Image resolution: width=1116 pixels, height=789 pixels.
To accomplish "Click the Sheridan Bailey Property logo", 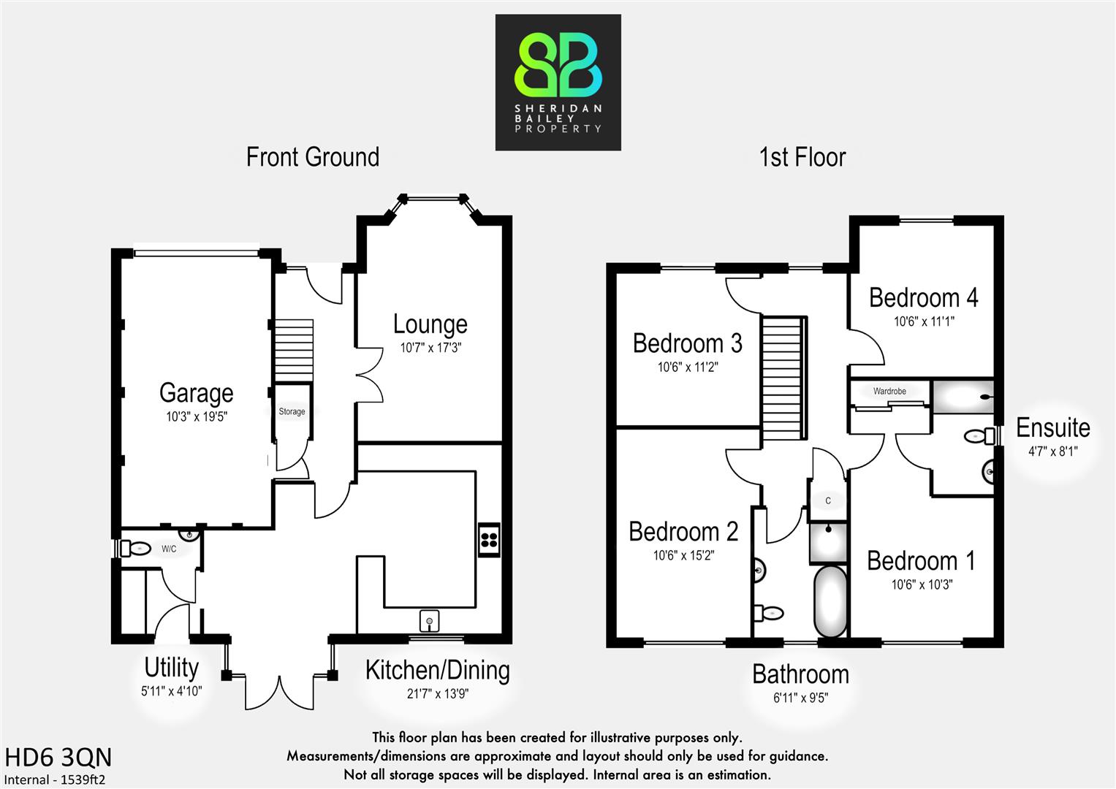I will click(558, 82).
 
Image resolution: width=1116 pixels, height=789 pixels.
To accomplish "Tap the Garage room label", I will click(196, 393).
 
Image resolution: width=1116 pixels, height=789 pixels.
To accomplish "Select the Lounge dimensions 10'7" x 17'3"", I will click(430, 348).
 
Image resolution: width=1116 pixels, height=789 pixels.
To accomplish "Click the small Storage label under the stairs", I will click(292, 412).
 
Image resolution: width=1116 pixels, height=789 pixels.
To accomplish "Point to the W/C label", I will click(169, 549).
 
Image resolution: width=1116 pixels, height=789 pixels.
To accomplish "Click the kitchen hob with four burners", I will click(489, 541).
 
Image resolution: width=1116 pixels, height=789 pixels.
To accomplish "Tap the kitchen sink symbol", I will click(430, 622).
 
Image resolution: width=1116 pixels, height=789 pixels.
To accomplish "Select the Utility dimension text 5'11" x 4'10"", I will click(171, 691).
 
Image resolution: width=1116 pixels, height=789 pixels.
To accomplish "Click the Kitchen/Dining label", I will click(437, 670).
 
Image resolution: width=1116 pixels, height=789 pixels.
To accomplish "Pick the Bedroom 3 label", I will click(687, 343).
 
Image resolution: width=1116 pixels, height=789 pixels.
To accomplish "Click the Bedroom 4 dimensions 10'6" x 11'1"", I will click(924, 321).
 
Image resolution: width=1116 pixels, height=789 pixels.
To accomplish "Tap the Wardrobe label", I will click(889, 392).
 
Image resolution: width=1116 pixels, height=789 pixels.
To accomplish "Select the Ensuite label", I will click(1052, 427).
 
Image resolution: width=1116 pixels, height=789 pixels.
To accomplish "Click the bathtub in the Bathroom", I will click(830, 601).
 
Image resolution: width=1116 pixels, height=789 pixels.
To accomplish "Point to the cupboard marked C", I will click(828, 501).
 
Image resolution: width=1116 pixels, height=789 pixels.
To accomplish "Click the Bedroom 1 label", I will click(921, 561).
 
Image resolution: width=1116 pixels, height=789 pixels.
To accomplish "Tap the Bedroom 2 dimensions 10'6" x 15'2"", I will click(683, 556).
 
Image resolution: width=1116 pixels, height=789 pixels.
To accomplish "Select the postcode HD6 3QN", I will click(58, 757).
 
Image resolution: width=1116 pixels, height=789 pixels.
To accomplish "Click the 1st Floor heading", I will click(802, 157).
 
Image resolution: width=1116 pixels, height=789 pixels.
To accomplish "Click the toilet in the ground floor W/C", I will click(136, 547).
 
